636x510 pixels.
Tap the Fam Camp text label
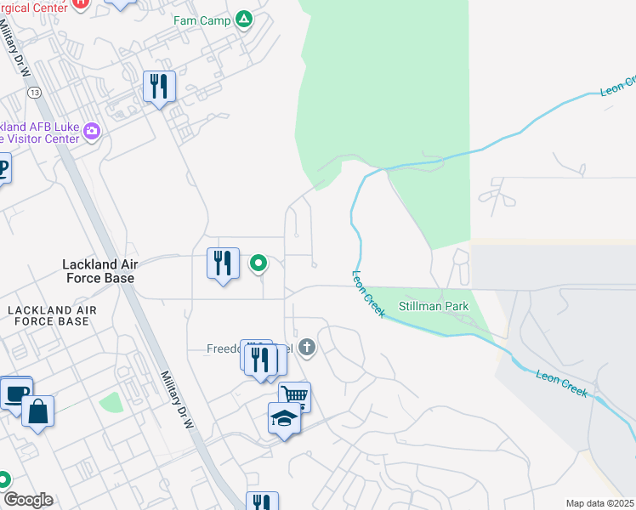tap(202, 20)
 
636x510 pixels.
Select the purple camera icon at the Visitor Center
tap(92, 132)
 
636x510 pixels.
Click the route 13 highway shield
tap(34, 92)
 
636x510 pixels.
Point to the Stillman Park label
tap(434, 306)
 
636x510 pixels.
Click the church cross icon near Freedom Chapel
tap(307, 347)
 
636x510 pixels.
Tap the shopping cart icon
tap(294, 395)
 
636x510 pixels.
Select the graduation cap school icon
tap(284, 417)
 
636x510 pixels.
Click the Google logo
tap(27, 500)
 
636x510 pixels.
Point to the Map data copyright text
tap(600, 503)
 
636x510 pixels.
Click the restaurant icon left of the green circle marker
tap(224, 263)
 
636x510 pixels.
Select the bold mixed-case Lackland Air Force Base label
tap(99, 270)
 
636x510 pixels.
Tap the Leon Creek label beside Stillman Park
tap(369, 294)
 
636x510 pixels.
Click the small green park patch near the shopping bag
tap(111, 402)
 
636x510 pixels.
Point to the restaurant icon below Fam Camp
tap(159, 86)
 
